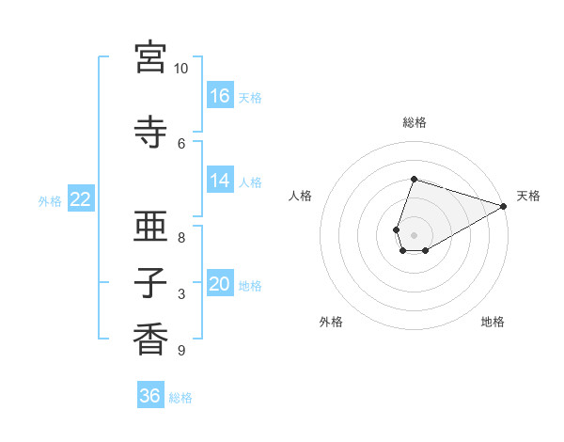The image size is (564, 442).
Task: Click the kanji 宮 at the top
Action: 150,57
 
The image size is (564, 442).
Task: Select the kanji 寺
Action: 150,133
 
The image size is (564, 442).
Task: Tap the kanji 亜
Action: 150,229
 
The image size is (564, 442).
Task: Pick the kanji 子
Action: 150,283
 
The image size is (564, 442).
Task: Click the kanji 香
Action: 150,339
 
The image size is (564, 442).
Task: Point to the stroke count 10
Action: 180,69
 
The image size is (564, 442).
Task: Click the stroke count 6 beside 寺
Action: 181,143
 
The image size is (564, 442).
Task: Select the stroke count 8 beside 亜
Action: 181,238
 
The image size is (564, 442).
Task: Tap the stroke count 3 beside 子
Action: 181,294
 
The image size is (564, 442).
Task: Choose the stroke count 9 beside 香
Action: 181,351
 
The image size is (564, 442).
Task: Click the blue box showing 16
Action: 220,95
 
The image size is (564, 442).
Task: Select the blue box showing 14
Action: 220,181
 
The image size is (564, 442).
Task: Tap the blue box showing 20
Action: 220,284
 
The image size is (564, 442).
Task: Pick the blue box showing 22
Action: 81,199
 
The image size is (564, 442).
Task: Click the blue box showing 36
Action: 150,396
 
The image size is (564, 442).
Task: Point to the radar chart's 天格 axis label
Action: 528,196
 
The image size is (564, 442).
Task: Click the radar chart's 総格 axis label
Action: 415,122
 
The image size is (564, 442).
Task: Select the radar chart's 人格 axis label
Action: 301,196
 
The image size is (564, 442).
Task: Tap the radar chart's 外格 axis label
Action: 331,322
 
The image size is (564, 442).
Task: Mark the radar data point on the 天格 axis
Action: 504,207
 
